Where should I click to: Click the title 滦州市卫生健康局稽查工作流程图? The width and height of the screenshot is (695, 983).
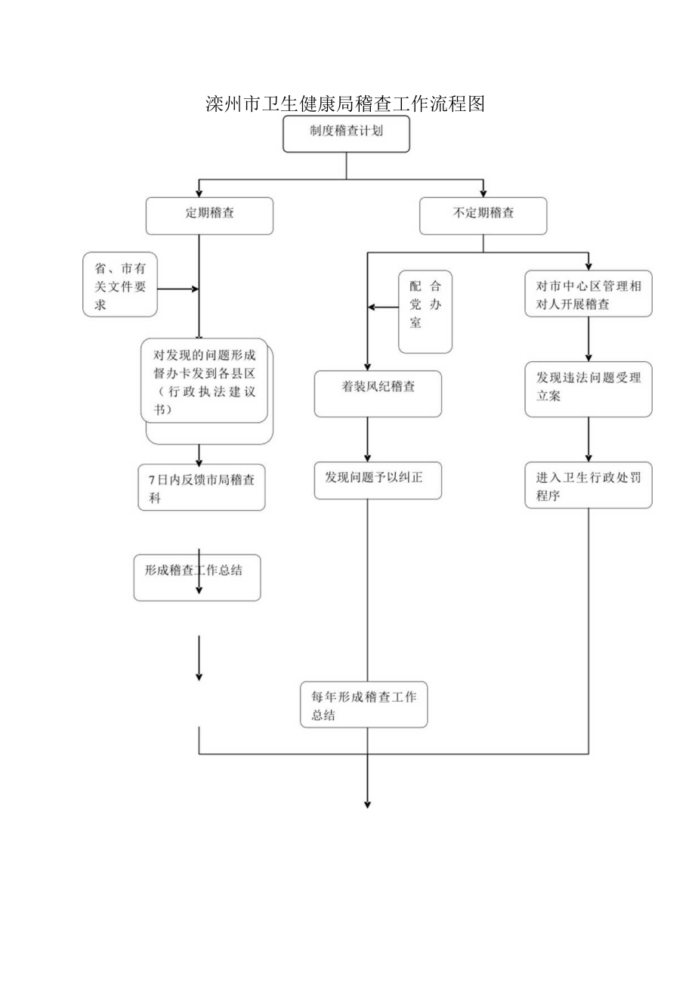[344, 104]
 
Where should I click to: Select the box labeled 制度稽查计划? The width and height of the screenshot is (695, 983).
[346, 134]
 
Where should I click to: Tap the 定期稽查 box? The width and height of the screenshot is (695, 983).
[209, 216]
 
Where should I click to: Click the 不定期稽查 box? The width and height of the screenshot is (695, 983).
[483, 216]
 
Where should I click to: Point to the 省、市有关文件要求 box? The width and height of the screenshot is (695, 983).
[120, 284]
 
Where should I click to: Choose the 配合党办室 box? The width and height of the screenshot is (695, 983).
[425, 311]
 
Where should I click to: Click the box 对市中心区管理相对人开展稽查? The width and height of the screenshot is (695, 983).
[588, 295]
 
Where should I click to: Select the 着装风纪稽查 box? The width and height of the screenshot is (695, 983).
[378, 394]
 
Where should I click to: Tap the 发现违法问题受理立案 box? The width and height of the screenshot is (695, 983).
[588, 389]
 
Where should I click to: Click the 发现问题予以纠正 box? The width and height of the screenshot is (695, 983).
[378, 481]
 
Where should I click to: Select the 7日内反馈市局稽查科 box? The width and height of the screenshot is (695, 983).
[202, 488]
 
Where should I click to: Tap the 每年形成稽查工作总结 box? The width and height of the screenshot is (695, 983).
[363, 705]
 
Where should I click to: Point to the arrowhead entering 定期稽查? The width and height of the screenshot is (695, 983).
[199, 193]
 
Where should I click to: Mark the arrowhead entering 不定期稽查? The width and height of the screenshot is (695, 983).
[483, 193]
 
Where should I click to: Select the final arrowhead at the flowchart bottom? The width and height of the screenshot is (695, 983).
[368, 803]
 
